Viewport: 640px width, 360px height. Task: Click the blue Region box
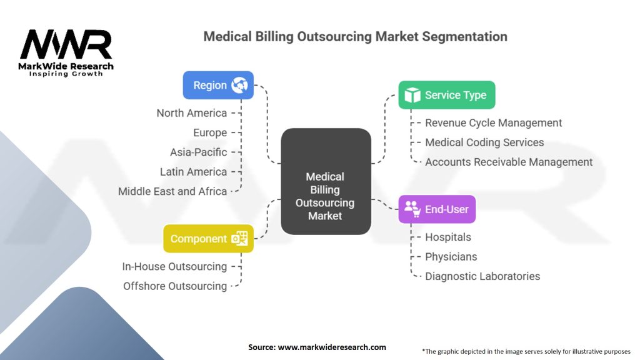pos(218,85)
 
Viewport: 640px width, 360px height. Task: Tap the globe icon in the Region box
pos(239,85)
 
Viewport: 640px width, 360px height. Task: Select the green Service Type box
pos(446,95)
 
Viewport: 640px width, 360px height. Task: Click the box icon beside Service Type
pos(412,95)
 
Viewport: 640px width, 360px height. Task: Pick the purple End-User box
pos(437,209)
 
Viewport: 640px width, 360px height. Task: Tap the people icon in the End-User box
pos(412,209)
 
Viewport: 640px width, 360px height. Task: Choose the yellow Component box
pos(208,239)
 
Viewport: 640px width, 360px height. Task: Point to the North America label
pos(191,113)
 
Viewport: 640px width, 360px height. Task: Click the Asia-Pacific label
pos(198,152)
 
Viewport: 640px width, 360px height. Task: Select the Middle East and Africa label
pos(172,191)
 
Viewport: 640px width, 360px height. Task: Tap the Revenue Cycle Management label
pos(493,123)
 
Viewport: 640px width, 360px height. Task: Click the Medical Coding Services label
pos(484,142)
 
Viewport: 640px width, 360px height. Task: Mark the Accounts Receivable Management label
pos(509,162)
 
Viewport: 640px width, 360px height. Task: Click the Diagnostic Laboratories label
pos(482,276)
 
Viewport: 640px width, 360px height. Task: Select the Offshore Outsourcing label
pos(175,286)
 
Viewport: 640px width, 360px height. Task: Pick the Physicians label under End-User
pos(451,257)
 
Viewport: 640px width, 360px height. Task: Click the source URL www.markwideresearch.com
pos(332,347)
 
